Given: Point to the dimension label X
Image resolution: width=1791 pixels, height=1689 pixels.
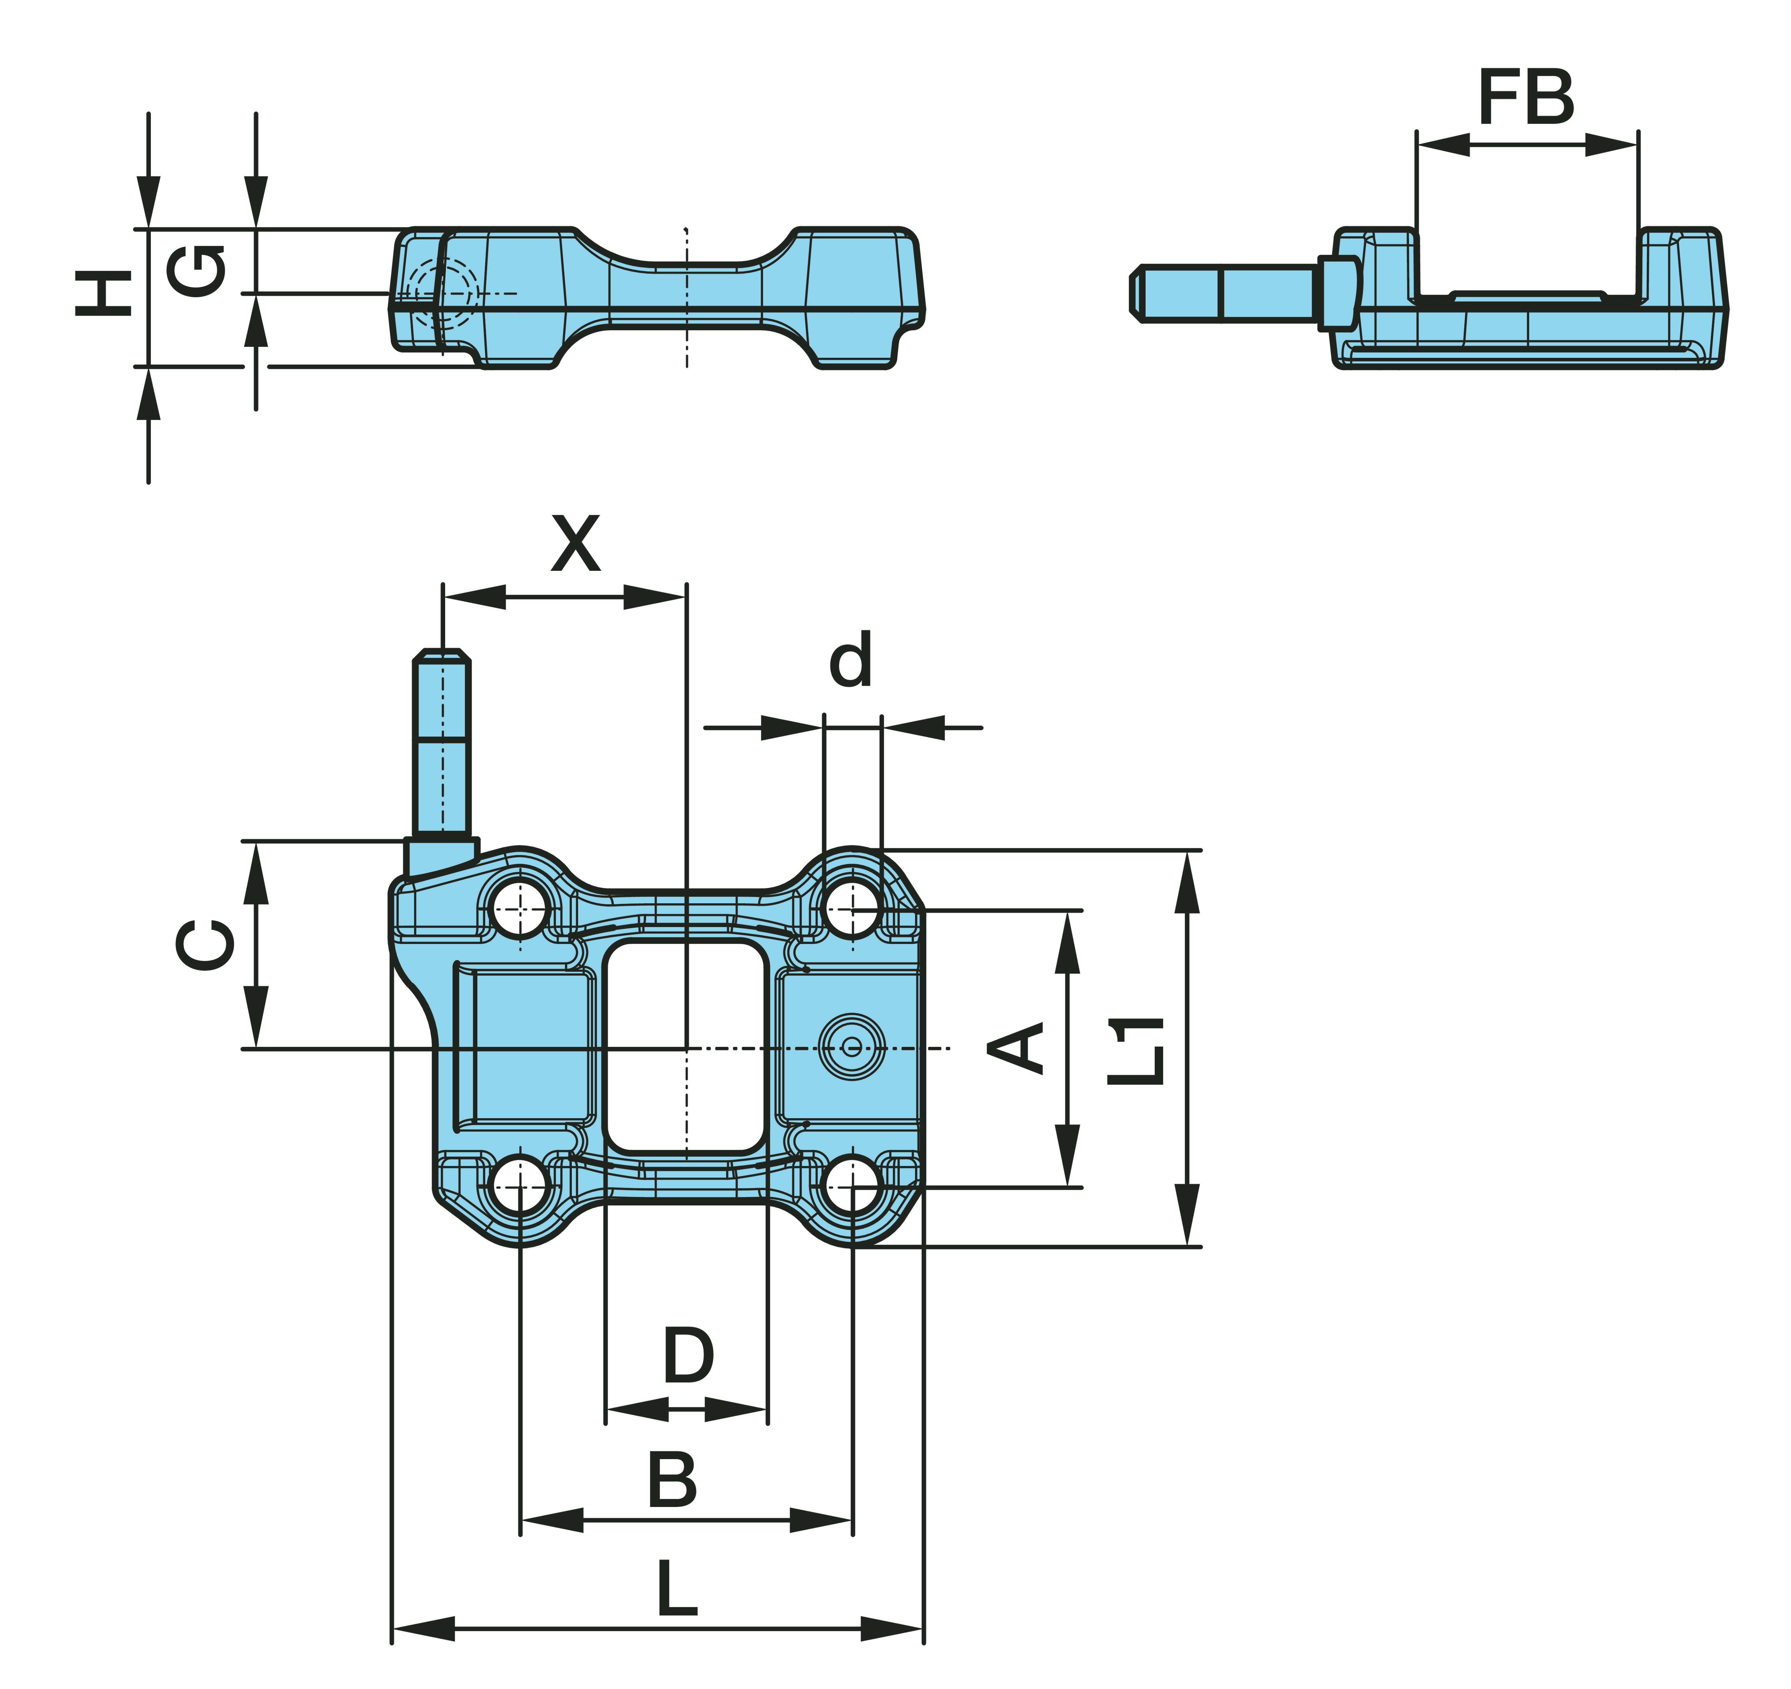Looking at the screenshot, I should click(576, 544).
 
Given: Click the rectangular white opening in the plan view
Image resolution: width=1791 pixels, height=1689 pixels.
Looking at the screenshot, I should click(686, 1048).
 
